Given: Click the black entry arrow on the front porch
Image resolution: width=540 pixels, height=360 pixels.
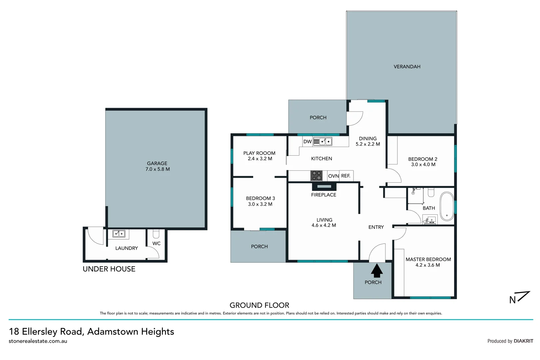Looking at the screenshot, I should tap(376, 271).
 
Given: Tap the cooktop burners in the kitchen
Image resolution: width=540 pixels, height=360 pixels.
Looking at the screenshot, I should tap(316, 176).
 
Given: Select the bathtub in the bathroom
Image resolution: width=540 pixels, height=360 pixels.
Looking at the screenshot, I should tap(447, 206).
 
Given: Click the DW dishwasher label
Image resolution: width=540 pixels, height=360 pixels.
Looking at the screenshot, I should tap(307, 142).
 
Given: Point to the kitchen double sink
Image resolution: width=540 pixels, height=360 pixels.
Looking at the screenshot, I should tap(323, 142).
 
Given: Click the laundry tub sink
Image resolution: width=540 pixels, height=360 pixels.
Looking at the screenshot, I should tap(119, 234).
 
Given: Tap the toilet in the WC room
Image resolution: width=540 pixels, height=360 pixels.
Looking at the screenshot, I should tap(156, 233).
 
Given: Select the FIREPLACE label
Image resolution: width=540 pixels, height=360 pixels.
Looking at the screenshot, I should tap(323, 195).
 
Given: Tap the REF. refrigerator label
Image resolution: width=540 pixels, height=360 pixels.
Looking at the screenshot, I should tap(346, 176).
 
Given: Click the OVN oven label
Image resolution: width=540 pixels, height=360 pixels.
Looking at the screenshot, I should tap(333, 176).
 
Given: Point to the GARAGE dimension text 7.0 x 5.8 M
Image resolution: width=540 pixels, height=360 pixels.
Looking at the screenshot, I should tap(158, 169).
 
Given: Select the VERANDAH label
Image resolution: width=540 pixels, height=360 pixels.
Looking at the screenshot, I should tap(407, 67).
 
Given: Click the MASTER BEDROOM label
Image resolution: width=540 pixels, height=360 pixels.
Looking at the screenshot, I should tap(428, 259).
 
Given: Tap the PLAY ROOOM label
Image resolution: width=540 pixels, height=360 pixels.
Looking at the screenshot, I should tap(259, 153).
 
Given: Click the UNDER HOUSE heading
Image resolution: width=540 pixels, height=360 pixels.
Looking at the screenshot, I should tap(109, 269).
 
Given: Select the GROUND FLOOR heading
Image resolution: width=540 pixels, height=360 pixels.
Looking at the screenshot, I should tap(259, 305).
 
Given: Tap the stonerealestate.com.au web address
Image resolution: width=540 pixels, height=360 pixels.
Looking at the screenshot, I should tap(38, 341).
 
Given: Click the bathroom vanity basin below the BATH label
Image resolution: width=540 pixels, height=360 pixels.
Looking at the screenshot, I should tap(430, 220).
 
